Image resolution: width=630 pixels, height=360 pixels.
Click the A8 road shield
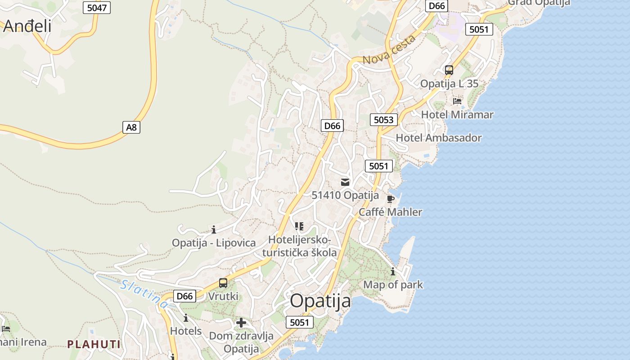pos(131,127)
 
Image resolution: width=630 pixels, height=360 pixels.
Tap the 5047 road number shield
pos(97,7)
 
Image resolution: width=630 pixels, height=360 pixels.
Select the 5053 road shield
pos(384,120)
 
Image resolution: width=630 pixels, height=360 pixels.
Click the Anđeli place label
pos(27,26)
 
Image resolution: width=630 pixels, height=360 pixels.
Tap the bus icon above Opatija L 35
pos(449,70)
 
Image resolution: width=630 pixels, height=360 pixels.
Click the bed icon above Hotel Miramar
pos(457,101)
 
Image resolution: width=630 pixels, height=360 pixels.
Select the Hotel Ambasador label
pos(438,138)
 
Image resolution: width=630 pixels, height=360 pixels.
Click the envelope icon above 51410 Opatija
pos(345,182)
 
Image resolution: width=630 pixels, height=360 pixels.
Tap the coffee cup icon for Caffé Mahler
pos(390,199)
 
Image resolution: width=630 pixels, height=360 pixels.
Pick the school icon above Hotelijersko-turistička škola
pos(299,226)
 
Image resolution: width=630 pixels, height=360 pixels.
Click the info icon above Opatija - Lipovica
pos(214,230)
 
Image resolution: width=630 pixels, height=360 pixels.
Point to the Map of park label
pos(393,284)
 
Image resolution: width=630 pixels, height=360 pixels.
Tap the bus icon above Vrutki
pos(223,283)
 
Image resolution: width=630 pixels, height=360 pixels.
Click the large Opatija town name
pos(320,301)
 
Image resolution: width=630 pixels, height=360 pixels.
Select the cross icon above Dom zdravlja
pos(241,323)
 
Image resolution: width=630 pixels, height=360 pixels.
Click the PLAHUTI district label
pos(94,344)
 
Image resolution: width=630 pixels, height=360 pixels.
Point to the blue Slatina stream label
pos(144,294)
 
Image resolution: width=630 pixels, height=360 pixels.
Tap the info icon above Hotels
pos(186,318)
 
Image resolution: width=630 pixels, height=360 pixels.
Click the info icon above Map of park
pos(393,271)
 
